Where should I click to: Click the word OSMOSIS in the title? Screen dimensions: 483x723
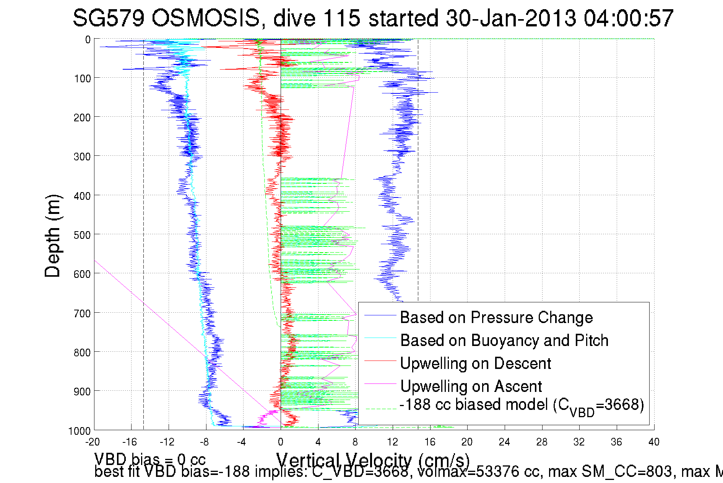click(205, 18)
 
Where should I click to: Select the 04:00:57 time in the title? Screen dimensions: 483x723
click(629, 18)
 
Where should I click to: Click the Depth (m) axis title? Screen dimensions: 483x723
click(53, 236)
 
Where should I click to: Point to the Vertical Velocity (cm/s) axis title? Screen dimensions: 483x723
click(373, 460)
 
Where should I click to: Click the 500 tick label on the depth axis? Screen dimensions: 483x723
click(82, 235)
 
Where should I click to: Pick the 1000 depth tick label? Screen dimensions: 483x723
click(80, 431)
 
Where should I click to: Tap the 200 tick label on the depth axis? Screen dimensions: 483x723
click(82, 117)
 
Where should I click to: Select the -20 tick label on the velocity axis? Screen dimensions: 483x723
click(92, 442)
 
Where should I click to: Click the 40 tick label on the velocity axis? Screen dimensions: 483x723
click(654, 442)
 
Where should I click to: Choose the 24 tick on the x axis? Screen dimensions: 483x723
click(504, 442)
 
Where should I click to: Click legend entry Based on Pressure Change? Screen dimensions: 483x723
click(496, 317)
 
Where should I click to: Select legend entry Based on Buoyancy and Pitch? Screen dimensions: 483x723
click(504, 340)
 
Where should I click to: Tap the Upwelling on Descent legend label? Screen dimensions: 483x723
click(475, 363)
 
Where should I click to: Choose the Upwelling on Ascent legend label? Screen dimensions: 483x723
click(471, 386)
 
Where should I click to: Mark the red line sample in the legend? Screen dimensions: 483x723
click(380, 361)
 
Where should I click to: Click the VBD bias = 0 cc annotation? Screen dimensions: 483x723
click(150, 459)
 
